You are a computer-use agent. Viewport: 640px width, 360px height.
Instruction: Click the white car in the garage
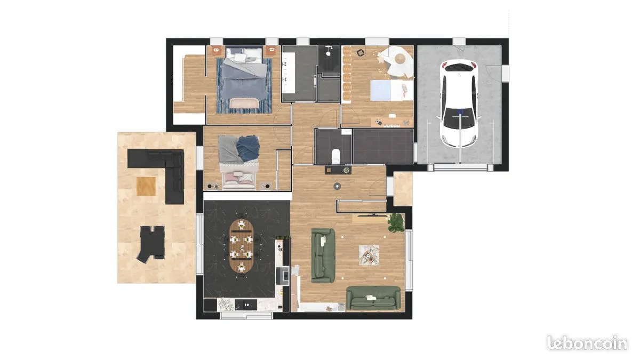459,103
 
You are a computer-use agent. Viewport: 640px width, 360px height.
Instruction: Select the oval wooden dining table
242,246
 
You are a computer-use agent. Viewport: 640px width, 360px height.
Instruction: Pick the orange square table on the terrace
146,186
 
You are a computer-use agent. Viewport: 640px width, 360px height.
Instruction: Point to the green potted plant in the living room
396,222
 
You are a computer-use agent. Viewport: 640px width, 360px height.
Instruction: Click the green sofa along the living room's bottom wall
373,298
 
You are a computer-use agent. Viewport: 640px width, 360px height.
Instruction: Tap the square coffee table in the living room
369,255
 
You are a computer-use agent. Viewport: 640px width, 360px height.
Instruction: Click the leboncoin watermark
587,343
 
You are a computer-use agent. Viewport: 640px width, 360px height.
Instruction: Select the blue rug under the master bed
244,86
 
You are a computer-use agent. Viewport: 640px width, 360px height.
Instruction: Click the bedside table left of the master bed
217,51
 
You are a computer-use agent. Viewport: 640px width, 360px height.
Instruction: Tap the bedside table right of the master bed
271,51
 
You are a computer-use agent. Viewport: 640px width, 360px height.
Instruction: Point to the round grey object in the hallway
338,186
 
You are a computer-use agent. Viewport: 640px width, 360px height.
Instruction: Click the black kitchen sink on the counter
246,305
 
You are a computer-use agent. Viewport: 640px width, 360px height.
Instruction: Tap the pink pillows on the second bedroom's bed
238,179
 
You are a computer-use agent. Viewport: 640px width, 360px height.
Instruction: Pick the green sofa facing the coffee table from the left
323,255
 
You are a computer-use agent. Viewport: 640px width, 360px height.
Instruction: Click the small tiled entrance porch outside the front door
403,189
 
